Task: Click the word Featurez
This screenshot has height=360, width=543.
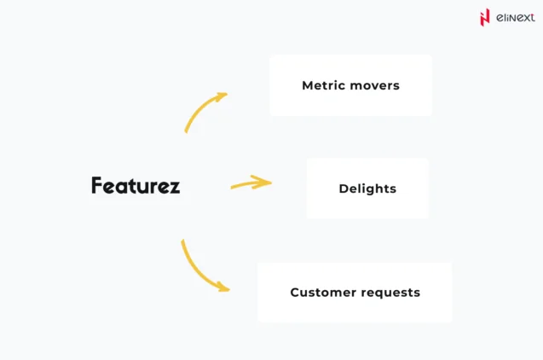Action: click(x=136, y=185)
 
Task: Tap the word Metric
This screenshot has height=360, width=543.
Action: click(x=322, y=85)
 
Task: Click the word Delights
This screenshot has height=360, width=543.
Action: click(x=367, y=189)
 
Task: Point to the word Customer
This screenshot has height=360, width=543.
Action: click(x=320, y=293)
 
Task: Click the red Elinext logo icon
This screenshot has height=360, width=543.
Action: click(x=486, y=16)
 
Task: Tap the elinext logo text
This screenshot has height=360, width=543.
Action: click(x=516, y=16)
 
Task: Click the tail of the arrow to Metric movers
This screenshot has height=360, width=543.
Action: click(x=186, y=130)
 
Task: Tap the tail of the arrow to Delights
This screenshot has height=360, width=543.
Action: click(x=233, y=186)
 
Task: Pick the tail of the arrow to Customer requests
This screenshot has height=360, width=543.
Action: click(x=182, y=242)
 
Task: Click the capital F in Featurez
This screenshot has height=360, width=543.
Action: click(x=97, y=185)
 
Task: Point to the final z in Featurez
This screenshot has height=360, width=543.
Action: click(x=174, y=187)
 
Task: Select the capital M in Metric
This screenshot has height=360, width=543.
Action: click(x=308, y=85)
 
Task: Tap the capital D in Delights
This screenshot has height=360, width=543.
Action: click(x=343, y=189)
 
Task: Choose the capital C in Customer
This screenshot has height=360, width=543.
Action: click(x=295, y=293)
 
